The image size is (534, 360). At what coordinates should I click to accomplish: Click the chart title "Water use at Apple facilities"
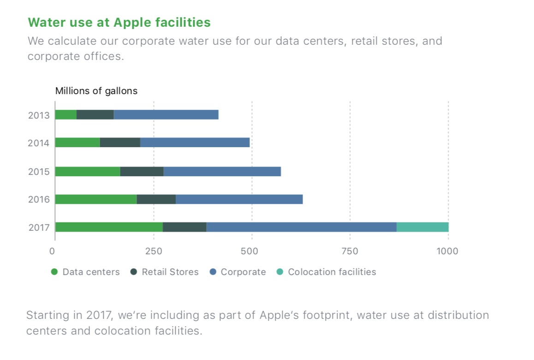click(x=119, y=23)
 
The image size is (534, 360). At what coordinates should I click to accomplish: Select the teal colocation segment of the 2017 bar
click(x=422, y=227)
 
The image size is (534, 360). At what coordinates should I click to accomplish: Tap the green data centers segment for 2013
click(x=66, y=115)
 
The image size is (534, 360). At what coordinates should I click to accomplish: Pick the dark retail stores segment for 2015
click(x=142, y=171)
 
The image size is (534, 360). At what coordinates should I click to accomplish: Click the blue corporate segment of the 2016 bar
click(x=239, y=199)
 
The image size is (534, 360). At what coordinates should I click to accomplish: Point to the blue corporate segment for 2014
click(x=195, y=143)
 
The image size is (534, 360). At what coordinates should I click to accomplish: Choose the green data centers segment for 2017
click(x=109, y=227)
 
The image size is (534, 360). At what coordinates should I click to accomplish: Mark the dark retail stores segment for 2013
click(x=95, y=115)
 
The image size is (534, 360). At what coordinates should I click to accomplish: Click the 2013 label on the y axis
click(x=39, y=115)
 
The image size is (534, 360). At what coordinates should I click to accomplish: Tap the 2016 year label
click(x=39, y=200)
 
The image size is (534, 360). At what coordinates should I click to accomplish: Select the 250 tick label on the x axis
click(x=154, y=251)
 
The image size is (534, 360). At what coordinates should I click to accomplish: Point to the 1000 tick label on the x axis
click(x=447, y=251)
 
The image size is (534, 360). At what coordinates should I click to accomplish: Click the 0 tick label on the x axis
click(x=53, y=251)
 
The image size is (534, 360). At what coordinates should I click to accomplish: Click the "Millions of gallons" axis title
click(x=96, y=91)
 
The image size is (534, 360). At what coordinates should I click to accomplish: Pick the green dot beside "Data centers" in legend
click(x=54, y=272)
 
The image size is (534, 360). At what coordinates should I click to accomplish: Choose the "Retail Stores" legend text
click(x=170, y=272)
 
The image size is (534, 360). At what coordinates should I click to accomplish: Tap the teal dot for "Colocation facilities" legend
click(x=279, y=272)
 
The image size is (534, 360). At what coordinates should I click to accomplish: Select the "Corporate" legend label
click(x=243, y=272)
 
